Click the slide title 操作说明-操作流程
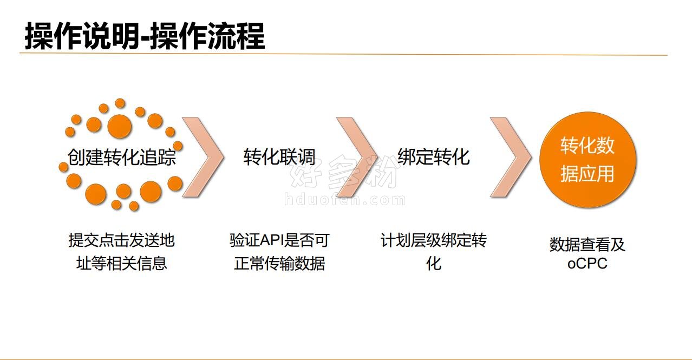click(x=145, y=36)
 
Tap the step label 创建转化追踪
click(x=122, y=157)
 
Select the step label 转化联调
click(x=279, y=157)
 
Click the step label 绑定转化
click(x=434, y=156)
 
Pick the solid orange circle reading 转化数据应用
click(x=588, y=159)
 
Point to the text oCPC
click(x=587, y=264)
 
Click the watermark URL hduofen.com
click(x=345, y=200)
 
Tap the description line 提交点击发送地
click(x=121, y=240)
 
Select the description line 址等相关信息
click(x=121, y=263)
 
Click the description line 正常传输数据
click(x=279, y=263)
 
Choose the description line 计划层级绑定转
click(x=434, y=240)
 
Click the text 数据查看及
click(x=587, y=244)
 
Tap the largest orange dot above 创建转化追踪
click(x=120, y=126)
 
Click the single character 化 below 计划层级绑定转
click(x=434, y=263)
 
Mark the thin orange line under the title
click(x=343, y=54)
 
